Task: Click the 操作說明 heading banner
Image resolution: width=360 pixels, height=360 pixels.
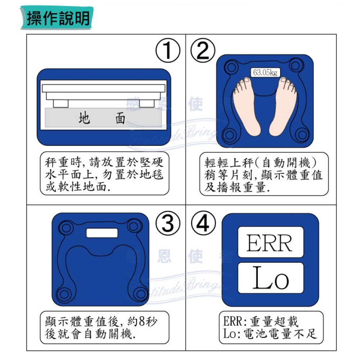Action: pos(57,18)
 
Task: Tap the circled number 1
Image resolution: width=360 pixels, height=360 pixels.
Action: pos(168,50)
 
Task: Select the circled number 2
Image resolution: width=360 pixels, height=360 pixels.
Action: pos(203,50)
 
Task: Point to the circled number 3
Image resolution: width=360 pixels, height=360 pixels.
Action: pos(168,223)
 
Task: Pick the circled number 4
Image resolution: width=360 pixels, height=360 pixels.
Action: pos(203,223)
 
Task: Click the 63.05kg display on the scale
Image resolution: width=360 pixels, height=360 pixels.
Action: pos(265,73)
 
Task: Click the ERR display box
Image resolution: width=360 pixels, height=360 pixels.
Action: pos(271,242)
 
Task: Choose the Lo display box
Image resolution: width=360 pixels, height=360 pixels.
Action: pos(271,278)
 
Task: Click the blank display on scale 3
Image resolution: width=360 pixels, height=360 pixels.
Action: pos(102,233)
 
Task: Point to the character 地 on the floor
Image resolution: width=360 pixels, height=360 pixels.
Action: pos(84,118)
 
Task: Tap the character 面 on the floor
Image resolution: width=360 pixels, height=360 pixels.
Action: pos(120,118)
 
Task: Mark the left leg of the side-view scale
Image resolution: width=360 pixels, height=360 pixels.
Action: pos(61,104)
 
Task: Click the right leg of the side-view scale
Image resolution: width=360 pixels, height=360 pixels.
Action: pos(147,104)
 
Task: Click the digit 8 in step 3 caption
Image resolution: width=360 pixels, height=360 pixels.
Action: pos(142,321)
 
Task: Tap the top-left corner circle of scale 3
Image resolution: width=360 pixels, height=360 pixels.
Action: pos(66,228)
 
